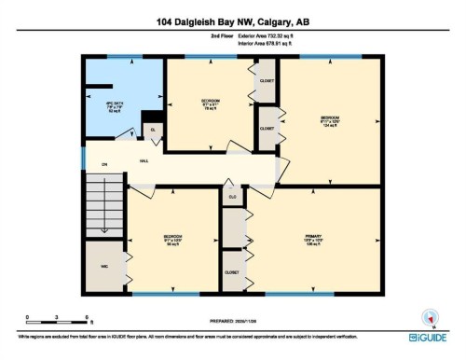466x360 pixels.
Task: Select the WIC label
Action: pos(104,266)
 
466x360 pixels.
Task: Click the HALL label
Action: pos(145,159)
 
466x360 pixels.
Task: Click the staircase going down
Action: pos(104,210)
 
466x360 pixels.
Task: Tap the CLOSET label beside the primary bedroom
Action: pos(232,271)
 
